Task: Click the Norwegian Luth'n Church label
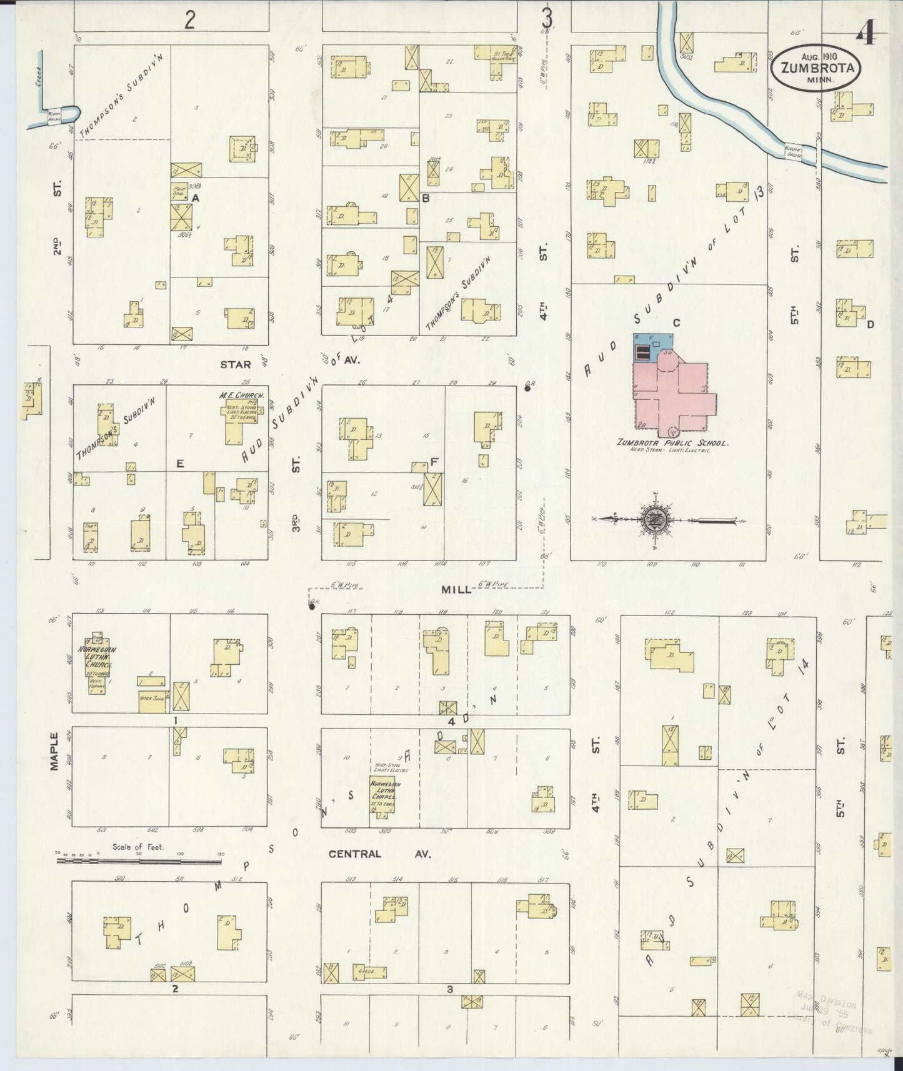pos(97,660)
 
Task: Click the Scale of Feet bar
pos(139,861)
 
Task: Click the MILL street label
pos(468,589)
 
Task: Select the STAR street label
pos(235,364)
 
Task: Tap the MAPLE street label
pos(54,750)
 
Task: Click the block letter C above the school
pos(676,322)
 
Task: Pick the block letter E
pos(179,463)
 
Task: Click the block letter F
pos(434,462)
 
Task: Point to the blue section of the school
pos(652,346)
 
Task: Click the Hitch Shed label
pos(151,700)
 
